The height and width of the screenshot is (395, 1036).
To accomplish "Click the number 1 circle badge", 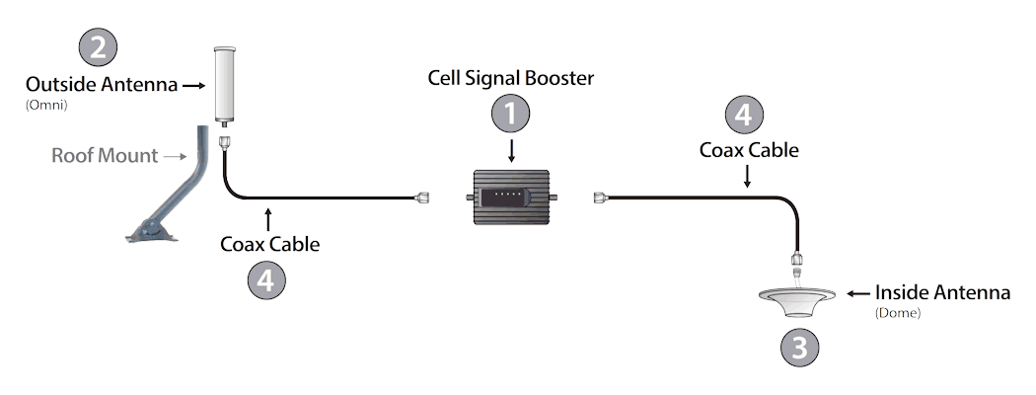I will pos(510,115).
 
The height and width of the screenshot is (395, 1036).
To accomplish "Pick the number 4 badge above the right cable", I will pos(743,115).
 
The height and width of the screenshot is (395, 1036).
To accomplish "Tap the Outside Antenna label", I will pos(102,84).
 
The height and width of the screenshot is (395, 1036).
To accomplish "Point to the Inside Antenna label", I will pos(942,293).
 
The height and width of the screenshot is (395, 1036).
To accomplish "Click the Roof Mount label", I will pos(105,155).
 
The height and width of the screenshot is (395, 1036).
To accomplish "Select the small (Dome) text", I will pos(897,313).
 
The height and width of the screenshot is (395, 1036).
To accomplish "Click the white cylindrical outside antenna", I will pos(227,85).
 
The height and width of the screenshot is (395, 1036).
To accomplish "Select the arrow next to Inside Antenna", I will pos(857,293).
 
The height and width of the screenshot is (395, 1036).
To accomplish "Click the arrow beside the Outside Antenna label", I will pos(192,85).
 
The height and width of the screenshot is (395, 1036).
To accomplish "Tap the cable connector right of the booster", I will pos(598,198).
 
